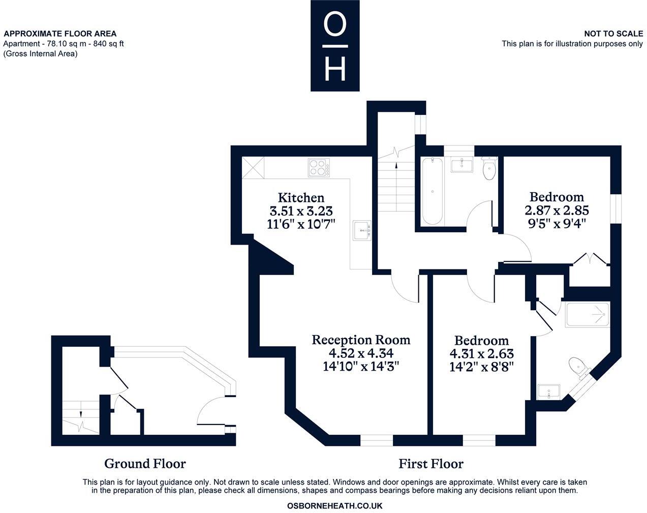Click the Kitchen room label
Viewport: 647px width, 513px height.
(301, 197)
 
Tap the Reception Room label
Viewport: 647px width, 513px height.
(361, 340)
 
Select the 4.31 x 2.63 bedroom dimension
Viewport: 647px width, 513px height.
(481, 353)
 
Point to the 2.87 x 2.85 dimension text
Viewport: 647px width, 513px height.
(557, 209)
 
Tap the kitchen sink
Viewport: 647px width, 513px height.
(362, 230)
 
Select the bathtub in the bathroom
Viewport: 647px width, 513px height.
(432, 191)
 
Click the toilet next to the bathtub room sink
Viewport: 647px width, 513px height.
(489, 169)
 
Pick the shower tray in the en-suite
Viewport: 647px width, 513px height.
(587, 315)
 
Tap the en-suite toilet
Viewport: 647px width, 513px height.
(578, 367)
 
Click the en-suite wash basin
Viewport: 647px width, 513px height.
(548, 391)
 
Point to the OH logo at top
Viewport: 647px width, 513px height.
(335, 46)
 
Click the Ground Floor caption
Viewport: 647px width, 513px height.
(145, 464)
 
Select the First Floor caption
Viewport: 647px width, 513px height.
(430, 464)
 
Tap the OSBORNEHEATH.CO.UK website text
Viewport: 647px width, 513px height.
(334, 506)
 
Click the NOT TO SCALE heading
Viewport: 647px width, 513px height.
(613, 34)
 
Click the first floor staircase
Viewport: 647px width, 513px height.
(395, 183)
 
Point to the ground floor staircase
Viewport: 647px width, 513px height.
(81, 417)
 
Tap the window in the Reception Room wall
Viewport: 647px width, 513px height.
(377, 440)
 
